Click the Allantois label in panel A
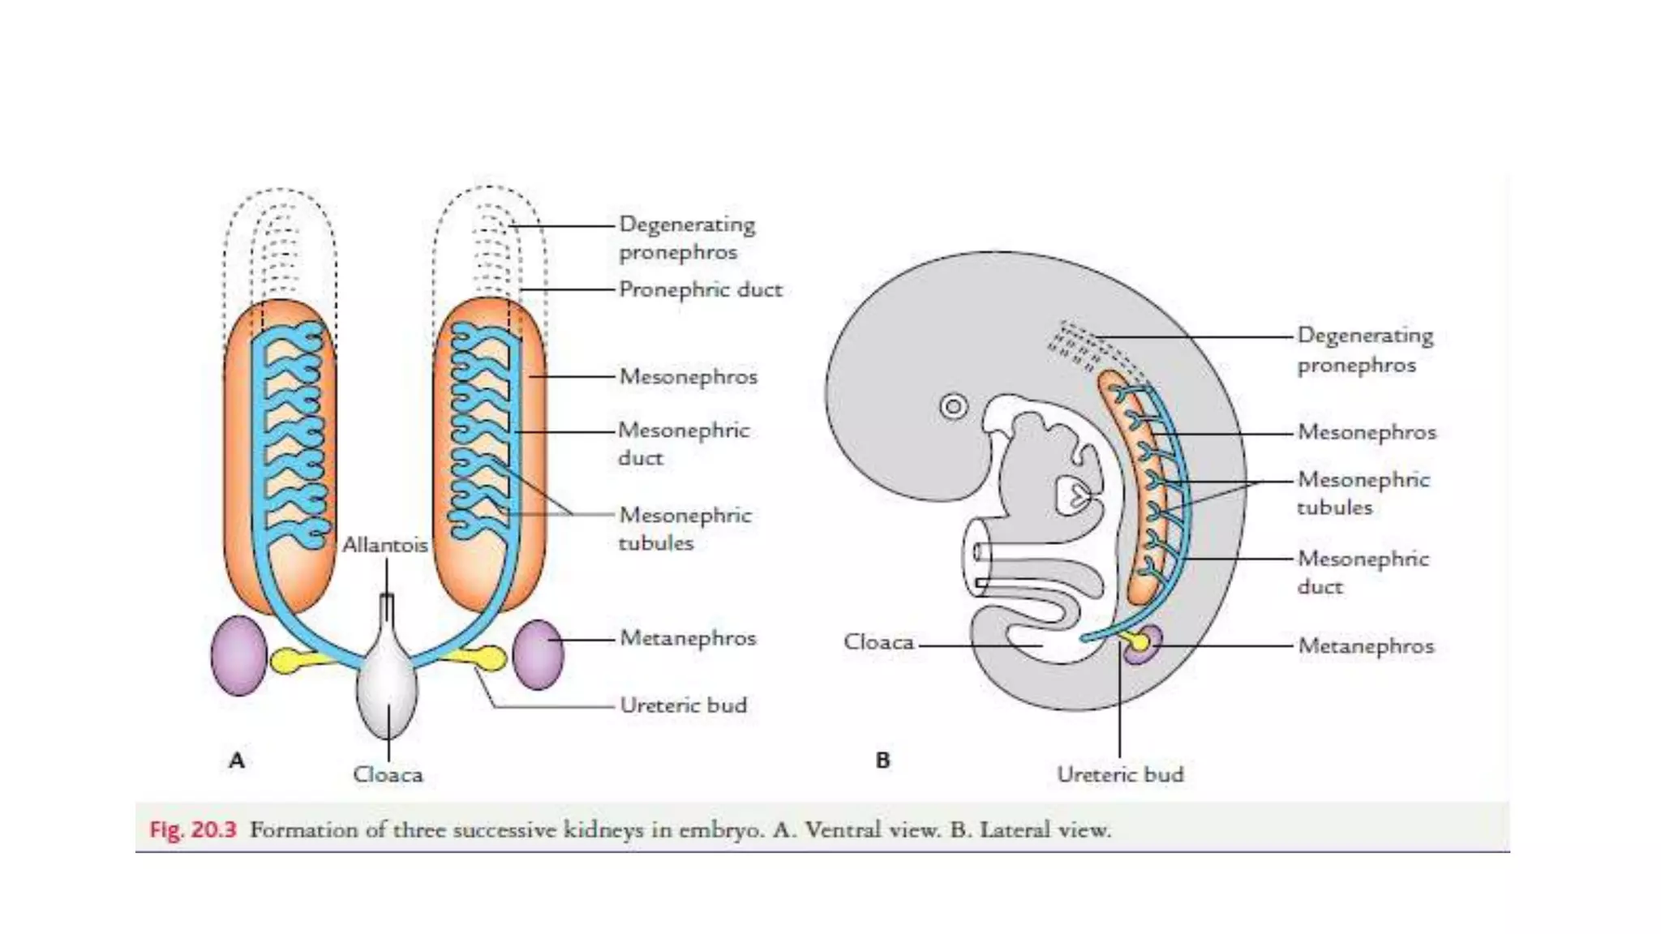tap(384, 544)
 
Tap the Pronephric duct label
tap(700, 289)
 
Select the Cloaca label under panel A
tap(388, 774)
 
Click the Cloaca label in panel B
tap(878, 641)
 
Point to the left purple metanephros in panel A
tap(239, 655)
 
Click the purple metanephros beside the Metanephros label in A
tap(538, 653)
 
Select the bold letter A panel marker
tap(237, 760)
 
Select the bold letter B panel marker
tap(883, 760)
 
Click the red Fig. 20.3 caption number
tap(193, 829)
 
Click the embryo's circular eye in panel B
tap(954, 405)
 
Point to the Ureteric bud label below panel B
tap(1120, 774)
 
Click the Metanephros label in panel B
tap(1366, 645)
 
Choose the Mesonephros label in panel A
tap(688, 376)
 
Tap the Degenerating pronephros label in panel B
tap(1365, 349)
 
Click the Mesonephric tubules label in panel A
tap(685, 529)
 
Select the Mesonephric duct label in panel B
tap(1363, 572)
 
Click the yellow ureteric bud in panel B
tap(1139, 642)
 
